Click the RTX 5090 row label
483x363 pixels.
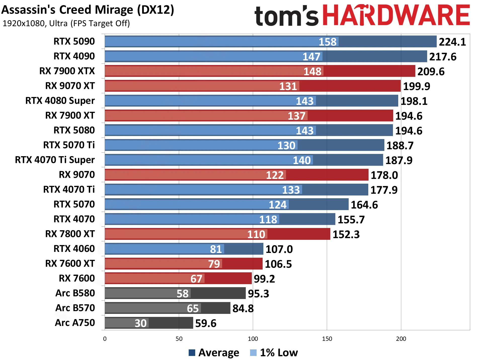pos(74,41)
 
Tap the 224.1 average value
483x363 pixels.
pos(452,42)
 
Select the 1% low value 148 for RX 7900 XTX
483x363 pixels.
pos(312,72)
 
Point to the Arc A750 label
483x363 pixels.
pos(75,323)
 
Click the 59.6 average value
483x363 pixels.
pos(206,323)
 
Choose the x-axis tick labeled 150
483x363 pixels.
pos(327,339)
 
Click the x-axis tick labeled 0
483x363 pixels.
pos(105,339)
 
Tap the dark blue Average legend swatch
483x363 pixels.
pos(192,353)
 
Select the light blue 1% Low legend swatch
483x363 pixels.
pos(253,353)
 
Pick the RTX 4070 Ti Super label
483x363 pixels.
pos(55,160)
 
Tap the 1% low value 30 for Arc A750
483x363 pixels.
pos(141,323)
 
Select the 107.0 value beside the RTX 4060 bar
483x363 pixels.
pos(279,249)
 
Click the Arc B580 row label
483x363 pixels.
pos(75,293)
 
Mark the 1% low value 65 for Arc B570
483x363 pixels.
pos(193,308)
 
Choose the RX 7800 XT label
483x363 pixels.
pos(70,234)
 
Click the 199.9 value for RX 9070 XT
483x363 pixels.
pos(417,86)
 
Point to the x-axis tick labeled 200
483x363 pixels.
pos(401,339)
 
